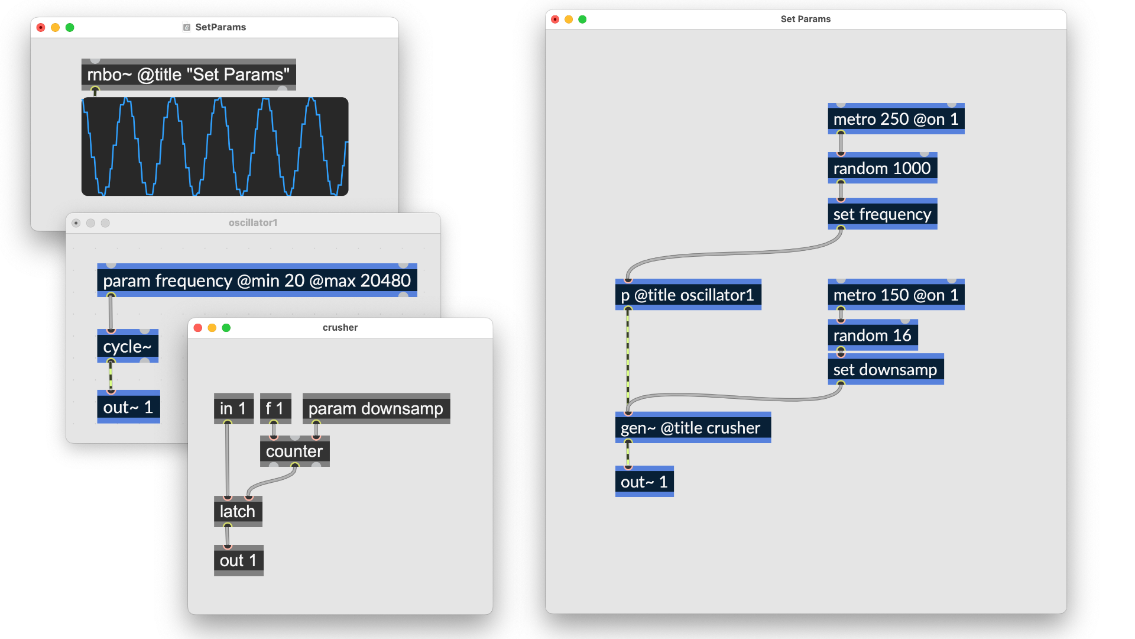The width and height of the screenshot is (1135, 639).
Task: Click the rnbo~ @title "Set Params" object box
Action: (x=188, y=75)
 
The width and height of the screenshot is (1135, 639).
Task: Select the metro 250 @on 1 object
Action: (x=896, y=120)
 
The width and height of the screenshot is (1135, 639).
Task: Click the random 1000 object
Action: (x=882, y=169)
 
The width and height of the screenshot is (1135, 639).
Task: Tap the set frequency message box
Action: (x=882, y=214)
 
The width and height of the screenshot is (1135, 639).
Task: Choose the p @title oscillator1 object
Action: (x=688, y=295)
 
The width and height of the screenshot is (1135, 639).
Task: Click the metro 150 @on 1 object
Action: (x=896, y=295)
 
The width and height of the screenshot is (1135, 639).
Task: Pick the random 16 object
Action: (x=872, y=335)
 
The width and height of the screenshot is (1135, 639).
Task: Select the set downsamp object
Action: (x=885, y=370)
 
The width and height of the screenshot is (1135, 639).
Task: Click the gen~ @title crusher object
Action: (x=692, y=428)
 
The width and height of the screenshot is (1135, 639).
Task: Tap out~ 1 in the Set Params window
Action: (x=644, y=482)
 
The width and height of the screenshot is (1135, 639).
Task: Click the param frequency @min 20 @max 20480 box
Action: (x=257, y=281)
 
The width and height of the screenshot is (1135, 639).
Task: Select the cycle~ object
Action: (x=127, y=347)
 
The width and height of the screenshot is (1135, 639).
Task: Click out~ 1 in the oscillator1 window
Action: (x=128, y=408)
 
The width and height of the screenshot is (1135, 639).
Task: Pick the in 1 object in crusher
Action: (x=233, y=409)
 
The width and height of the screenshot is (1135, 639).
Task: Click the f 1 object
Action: (x=275, y=409)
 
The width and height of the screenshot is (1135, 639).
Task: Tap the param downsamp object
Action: (x=375, y=409)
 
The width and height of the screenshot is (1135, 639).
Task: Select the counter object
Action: (x=294, y=451)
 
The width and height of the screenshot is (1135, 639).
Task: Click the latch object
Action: (x=237, y=512)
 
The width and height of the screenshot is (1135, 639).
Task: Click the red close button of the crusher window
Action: (x=198, y=328)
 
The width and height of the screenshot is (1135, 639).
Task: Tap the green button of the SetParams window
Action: (x=70, y=27)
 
